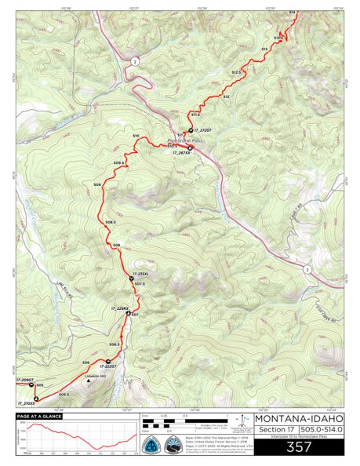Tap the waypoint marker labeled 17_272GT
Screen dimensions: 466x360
[x=188, y=130]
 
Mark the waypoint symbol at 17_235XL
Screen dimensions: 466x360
[x=130, y=279]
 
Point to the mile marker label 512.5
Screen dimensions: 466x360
[x=236, y=72]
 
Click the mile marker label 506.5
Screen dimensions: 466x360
[x=115, y=344]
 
